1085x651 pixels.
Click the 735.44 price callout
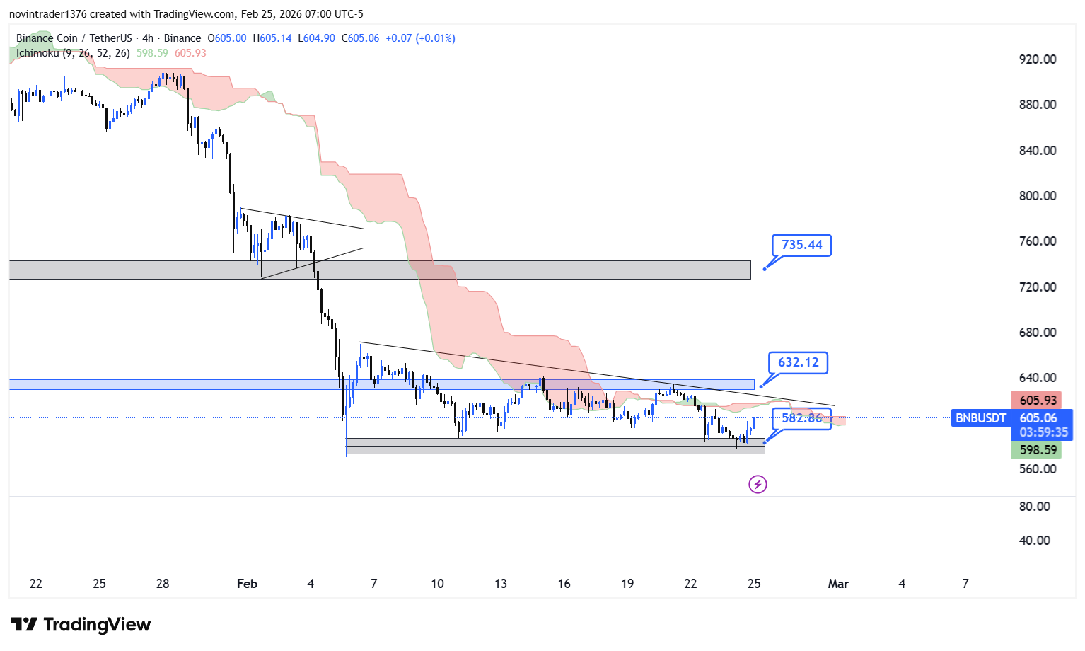tap(801, 245)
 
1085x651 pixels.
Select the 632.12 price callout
tap(798, 362)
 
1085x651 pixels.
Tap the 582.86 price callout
tap(801, 418)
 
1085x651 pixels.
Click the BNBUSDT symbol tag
tap(980, 418)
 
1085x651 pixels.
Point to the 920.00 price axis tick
tap(1038, 59)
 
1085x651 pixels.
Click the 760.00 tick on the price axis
tap(1038, 241)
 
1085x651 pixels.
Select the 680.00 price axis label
tap(1038, 333)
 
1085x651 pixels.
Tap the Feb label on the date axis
tap(247, 584)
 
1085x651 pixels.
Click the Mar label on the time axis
tap(838, 584)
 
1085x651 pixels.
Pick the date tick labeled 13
tap(501, 584)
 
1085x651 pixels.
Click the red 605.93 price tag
tap(1038, 401)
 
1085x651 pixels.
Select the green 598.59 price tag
tap(1038, 450)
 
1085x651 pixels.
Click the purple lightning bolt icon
tap(758, 485)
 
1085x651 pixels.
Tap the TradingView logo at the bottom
tap(81, 624)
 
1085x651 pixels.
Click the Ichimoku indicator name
tap(38, 53)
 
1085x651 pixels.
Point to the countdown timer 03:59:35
tap(1043, 432)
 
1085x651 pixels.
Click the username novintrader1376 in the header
tap(47, 14)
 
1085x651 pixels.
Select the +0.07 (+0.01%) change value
tap(420, 38)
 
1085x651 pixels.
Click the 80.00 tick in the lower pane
tap(1034, 507)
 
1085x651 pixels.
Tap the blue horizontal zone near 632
tap(382, 384)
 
